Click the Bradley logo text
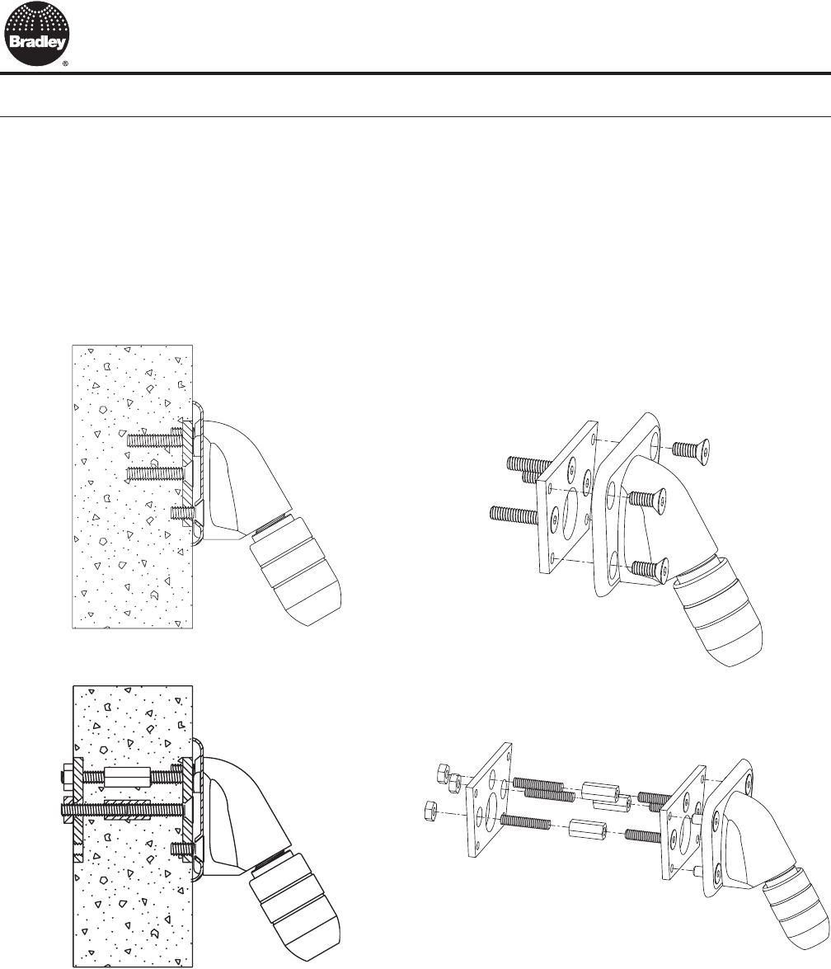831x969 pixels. coord(37,43)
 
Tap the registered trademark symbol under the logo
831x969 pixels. coord(65,63)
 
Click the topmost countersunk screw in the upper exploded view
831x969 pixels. coord(690,449)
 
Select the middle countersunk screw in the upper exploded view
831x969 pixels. coord(646,498)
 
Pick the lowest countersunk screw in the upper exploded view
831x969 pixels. coord(650,569)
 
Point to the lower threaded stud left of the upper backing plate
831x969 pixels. coord(514,514)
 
